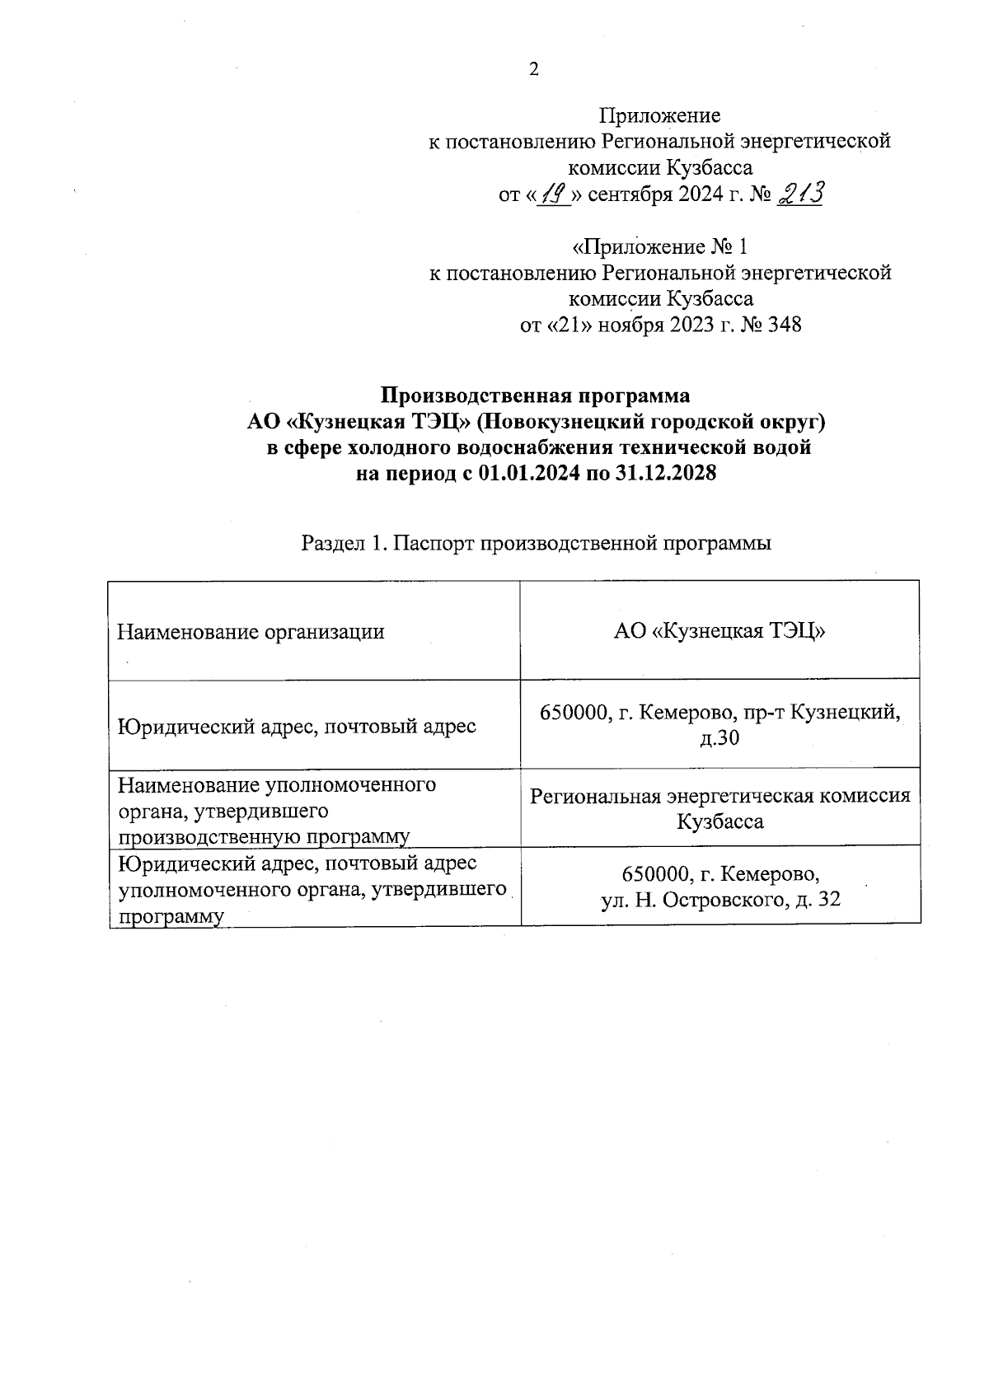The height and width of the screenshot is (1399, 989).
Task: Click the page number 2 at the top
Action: tap(533, 69)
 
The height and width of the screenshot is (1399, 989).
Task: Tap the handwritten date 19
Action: tap(554, 195)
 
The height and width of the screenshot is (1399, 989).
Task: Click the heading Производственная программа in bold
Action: tap(536, 395)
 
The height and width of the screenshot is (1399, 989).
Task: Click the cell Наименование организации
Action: tap(251, 632)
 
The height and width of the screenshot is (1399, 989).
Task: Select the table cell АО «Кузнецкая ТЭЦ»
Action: tap(719, 632)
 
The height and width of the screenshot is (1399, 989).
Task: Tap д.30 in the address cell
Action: tap(719, 738)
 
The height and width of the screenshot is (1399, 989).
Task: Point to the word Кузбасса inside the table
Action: tap(719, 821)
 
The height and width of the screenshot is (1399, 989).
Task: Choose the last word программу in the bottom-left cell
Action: tap(171, 917)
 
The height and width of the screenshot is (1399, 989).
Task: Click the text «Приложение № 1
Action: tap(660, 246)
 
